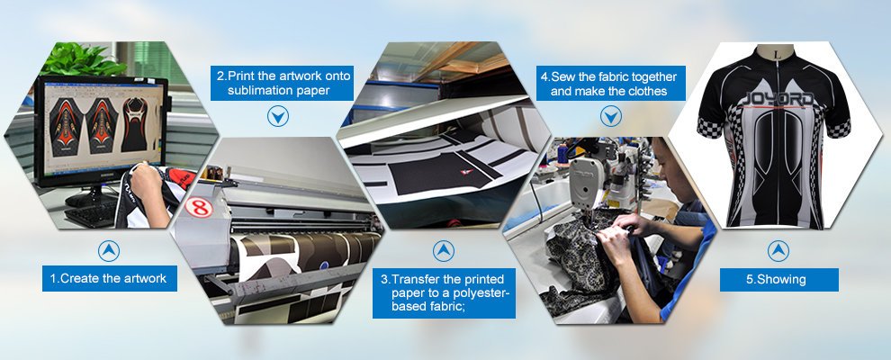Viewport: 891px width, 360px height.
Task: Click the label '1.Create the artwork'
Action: (x=110, y=278)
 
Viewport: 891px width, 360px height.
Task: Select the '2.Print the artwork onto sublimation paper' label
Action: (x=282, y=83)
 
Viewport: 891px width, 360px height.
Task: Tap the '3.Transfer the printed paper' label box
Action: (x=444, y=293)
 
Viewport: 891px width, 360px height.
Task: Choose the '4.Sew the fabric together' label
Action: (x=610, y=83)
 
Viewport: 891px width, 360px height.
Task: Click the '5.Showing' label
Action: (x=779, y=279)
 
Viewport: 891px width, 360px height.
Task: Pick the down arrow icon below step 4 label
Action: (x=611, y=117)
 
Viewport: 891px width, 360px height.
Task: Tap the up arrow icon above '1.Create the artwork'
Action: (x=109, y=250)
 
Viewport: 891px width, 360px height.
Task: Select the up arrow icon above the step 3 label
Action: (x=443, y=251)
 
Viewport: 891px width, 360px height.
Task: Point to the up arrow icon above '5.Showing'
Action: (x=778, y=251)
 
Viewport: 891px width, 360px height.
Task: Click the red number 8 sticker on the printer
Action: (x=199, y=207)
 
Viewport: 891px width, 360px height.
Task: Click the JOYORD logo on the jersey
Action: (x=776, y=99)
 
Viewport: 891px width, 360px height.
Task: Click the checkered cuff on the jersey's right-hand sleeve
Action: (x=838, y=128)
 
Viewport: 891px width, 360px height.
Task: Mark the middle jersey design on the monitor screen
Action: (x=102, y=125)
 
